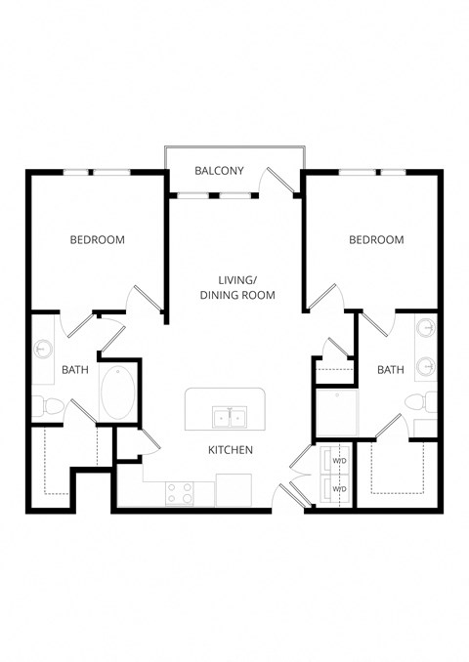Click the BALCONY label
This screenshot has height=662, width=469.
(x=219, y=171)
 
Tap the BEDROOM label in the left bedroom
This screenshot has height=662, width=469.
(x=97, y=239)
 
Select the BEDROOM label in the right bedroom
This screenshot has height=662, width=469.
(x=376, y=239)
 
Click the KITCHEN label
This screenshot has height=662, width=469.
(x=231, y=450)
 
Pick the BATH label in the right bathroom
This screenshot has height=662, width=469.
(x=391, y=369)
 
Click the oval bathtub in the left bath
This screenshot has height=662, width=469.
(x=118, y=393)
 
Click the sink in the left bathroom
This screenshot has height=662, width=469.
(x=44, y=349)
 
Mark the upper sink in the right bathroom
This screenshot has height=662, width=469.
(x=428, y=331)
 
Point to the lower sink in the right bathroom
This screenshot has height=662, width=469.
(x=428, y=367)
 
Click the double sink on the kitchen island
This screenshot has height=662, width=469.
(x=231, y=419)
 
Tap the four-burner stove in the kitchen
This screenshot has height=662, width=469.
(x=179, y=493)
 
